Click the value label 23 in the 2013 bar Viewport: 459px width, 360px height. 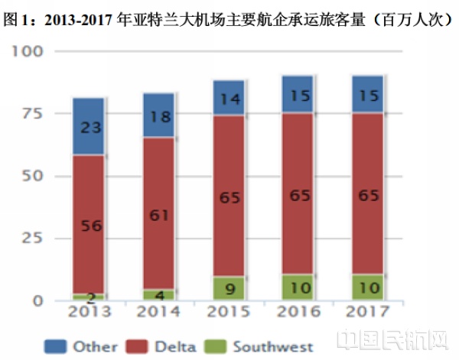tap(90, 128)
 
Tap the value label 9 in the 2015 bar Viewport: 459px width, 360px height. tap(229, 289)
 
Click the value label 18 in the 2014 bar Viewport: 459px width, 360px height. tap(159, 116)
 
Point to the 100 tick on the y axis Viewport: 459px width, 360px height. tap(28, 51)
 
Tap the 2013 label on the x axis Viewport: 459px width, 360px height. tap(90, 312)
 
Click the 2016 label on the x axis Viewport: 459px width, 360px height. tap(298, 312)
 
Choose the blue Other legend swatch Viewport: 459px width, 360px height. tap(58, 345)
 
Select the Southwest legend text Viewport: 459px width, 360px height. tap(272, 345)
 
